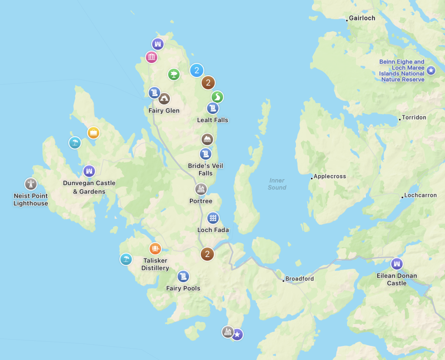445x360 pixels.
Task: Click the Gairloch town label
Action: click(x=361, y=18)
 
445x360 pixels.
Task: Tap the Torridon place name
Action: click(x=414, y=118)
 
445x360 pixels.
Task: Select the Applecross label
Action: click(x=329, y=177)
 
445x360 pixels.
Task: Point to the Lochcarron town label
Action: click(x=420, y=195)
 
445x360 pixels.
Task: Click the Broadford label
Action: click(x=299, y=279)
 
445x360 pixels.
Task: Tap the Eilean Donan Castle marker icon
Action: click(x=397, y=264)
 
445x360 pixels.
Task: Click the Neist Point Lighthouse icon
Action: click(x=30, y=184)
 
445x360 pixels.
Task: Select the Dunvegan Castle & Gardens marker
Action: click(x=89, y=171)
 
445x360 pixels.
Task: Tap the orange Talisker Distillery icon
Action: click(x=155, y=249)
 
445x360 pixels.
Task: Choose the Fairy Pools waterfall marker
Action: click(x=183, y=277)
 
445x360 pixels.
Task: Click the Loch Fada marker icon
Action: click(x=213, y=218)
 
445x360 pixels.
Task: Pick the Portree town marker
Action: click(x=201, y=189)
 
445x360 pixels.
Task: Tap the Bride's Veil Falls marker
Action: click(x=206, y=154)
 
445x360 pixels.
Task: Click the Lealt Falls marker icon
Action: click(x=213, y=108)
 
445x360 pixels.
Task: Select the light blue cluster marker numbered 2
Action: click(x=197, y=70)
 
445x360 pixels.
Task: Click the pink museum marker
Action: click(x=152, y=57)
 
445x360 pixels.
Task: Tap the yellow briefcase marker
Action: click(x=93, y=133)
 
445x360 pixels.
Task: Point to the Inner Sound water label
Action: click(x=277, y=184)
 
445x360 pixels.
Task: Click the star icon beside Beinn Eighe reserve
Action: click(x=431, y=70)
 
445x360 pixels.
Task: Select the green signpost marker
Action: click(x=174, y=74)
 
